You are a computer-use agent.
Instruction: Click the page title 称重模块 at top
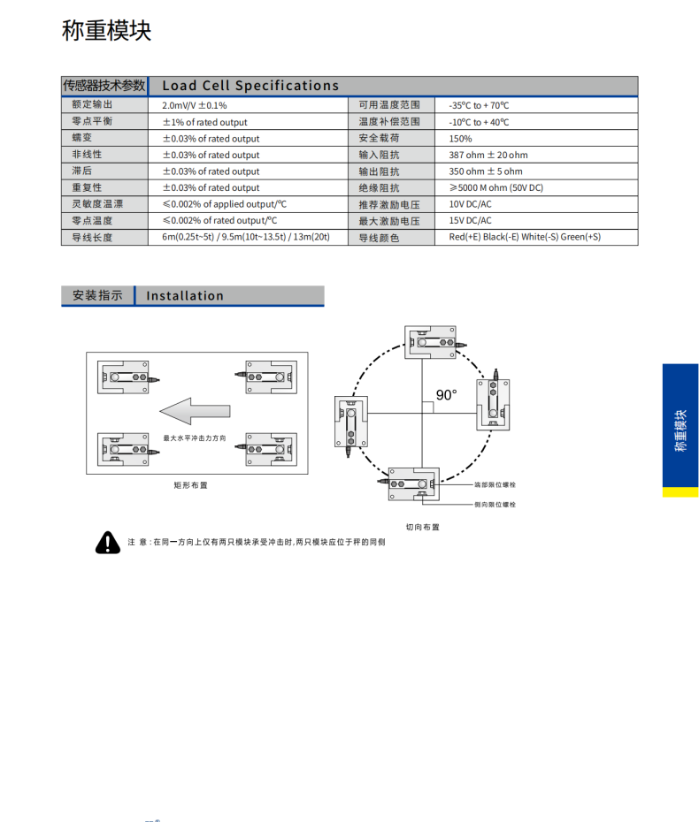(x=107, y=31)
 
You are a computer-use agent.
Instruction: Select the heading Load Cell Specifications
(x=250, y=86)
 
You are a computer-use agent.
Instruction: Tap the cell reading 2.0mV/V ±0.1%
(x=195, y=105)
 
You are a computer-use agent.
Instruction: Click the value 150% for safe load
(x=460, y=139)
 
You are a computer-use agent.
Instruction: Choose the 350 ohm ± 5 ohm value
(x=486, y=171)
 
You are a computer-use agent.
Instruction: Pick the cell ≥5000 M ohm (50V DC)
(x=495, y=187)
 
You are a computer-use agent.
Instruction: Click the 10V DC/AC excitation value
(x=470, y=204)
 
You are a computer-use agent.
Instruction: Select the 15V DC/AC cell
(x=470, y=220)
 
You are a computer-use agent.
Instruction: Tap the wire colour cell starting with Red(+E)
(x=525, y=237)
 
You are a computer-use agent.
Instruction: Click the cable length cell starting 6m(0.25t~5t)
(x=246, y=237)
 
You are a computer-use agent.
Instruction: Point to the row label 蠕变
(x=82, y=139)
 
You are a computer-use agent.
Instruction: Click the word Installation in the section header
(x=185, y=296)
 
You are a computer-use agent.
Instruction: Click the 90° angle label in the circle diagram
(x=447, y=395)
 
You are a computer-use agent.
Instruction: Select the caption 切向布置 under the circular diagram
(x=422, y=527)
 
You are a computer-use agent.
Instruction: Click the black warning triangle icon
(x=108, y=543)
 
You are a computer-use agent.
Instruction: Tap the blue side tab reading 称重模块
(x=680, y=430)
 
